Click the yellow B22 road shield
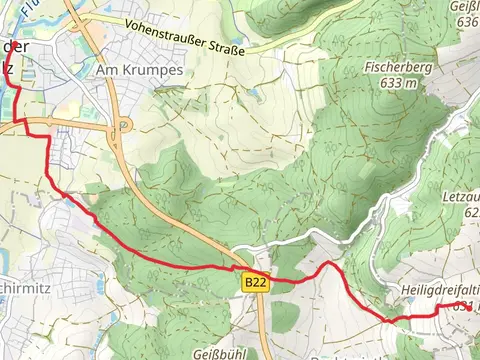tap(256, 284)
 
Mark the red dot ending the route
tap(470, 307)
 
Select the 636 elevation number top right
tap(465, 21)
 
